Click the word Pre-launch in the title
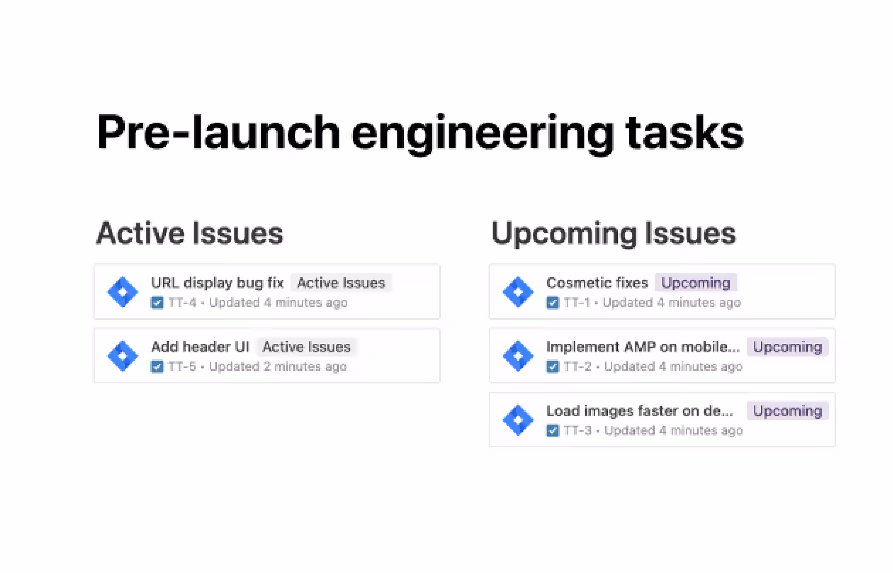point(217,133)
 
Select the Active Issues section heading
point(190,234)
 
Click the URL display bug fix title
point(217,283)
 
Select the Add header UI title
point(200,347)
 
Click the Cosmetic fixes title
point(597,283)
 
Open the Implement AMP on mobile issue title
point(642,347)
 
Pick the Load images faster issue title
point(639,411)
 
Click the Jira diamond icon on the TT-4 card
point(122,292)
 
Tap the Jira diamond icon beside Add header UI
point(122,356)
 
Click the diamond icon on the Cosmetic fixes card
point(518,292)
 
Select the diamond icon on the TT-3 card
point(518,420)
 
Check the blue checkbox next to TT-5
point(157,366)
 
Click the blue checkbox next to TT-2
point(552,366)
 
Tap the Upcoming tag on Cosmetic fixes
point(695,283)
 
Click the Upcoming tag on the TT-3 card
point(787,411)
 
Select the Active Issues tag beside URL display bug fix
point(341,283)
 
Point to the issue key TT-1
point(576,303)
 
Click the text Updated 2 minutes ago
point(277,366)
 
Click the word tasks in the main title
point(684,133)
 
